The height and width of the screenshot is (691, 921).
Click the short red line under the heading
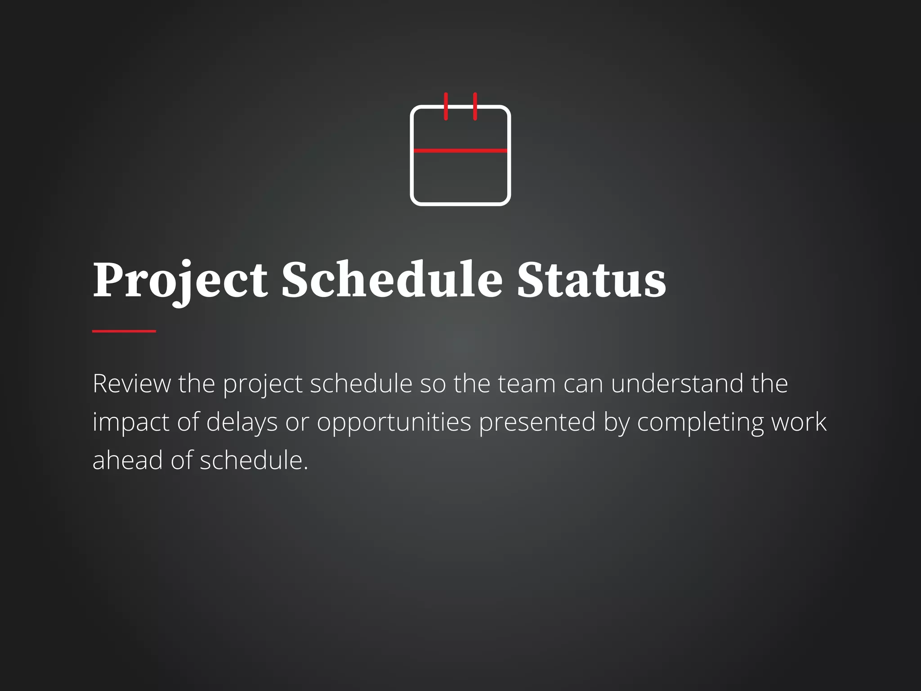[124, 331]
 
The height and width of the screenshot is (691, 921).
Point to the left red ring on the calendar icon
[446, 106]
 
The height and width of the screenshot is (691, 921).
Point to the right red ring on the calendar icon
[475, 106]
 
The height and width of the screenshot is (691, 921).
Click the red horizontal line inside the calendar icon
[460, 151]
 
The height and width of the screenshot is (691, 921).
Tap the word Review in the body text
[132, 384]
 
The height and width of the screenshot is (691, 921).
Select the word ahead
[128, 460]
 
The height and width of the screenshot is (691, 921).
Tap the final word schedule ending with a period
[254, 460]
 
